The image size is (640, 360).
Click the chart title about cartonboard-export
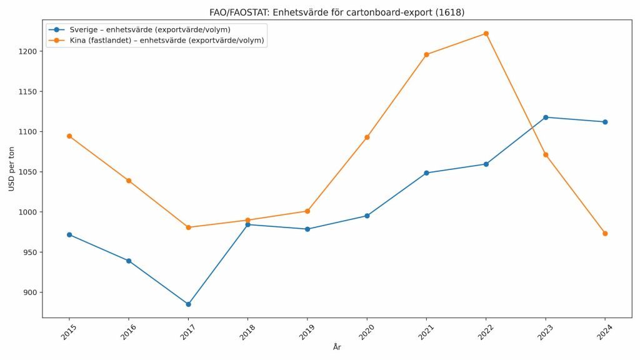click(x=337, y=12)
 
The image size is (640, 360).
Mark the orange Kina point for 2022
click(x=486, y=34)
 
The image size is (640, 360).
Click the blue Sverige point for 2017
click(x=188, y=304)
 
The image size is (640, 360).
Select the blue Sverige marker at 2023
click(x=546, y=117)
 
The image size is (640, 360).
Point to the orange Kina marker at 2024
click(x=605, y=234)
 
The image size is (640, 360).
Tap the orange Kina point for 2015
click(x=69, y=136)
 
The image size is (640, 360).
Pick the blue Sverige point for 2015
click(x=69, y=235)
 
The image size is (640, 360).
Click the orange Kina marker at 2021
click(x=426, y=55)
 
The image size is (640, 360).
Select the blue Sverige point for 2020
click(x=367, y=216)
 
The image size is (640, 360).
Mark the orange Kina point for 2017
click(x=188, y=227)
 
